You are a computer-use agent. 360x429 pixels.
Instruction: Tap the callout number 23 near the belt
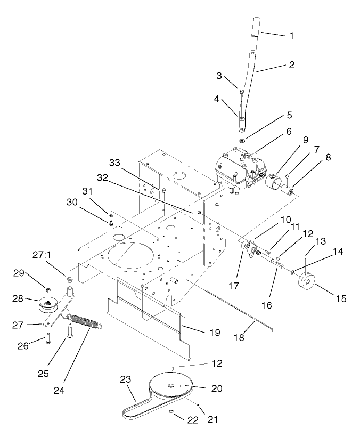[126, 380]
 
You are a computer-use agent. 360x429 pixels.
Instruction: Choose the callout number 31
[87, 191]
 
